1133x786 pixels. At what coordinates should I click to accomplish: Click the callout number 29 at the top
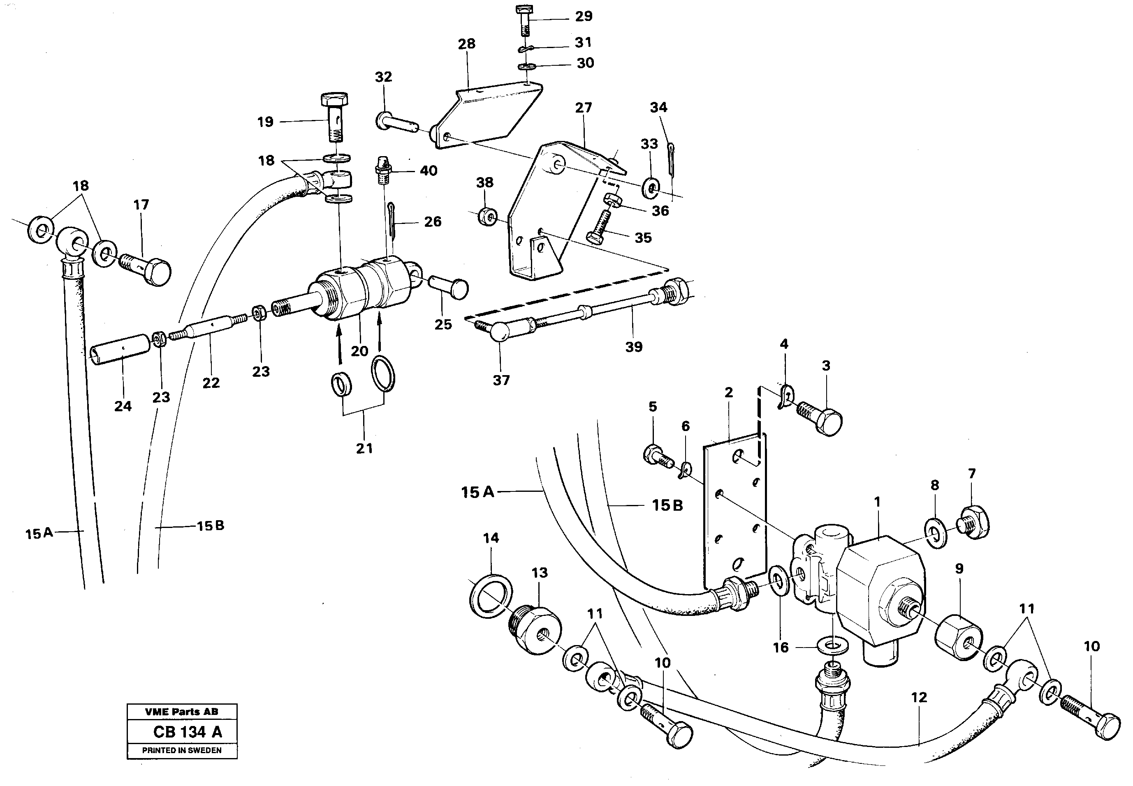(584, 17)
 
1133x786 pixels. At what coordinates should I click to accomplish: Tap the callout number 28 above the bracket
(466, 44)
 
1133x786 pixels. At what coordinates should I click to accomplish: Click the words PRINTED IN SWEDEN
(181, 751)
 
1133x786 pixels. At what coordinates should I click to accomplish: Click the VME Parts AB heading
(181, 712)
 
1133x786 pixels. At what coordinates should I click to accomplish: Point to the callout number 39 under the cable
(634, 347)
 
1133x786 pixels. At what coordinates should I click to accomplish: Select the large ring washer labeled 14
(490, 596)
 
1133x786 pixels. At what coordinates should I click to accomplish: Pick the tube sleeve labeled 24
(121, 349)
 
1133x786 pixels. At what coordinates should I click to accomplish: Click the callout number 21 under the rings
(364, 449)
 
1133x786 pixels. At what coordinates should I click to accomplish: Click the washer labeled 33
(651, 187)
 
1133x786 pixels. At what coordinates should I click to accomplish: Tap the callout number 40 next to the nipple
(428, 171)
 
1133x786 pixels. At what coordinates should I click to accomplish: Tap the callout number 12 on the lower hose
(919, 697)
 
